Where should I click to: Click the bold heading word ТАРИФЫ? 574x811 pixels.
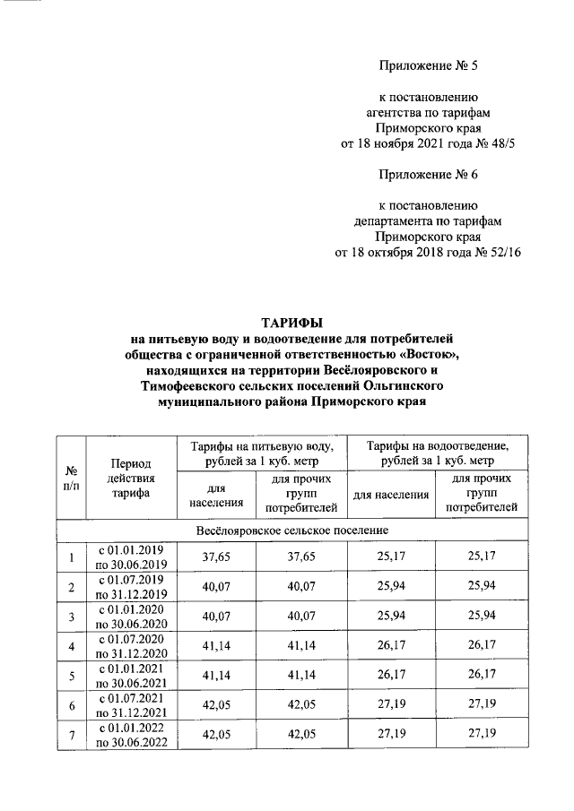point(290,321)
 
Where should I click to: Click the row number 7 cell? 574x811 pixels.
point(70,736)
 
